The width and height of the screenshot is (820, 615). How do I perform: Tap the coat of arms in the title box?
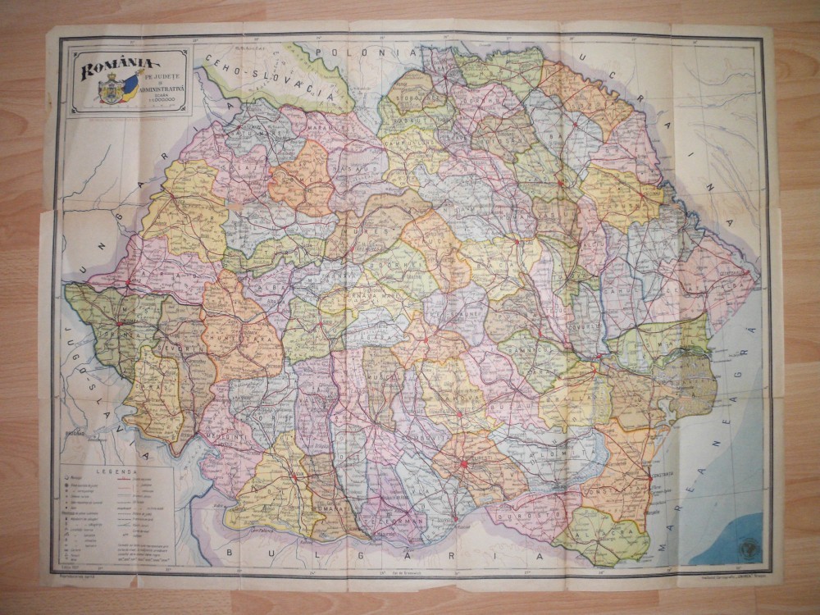tap(111, 93)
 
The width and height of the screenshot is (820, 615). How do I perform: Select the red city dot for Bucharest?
tap(464, 463)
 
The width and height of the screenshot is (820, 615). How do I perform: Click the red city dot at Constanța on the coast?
tap(650, 476)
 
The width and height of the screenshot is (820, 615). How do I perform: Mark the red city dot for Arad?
tap(128, 282)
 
